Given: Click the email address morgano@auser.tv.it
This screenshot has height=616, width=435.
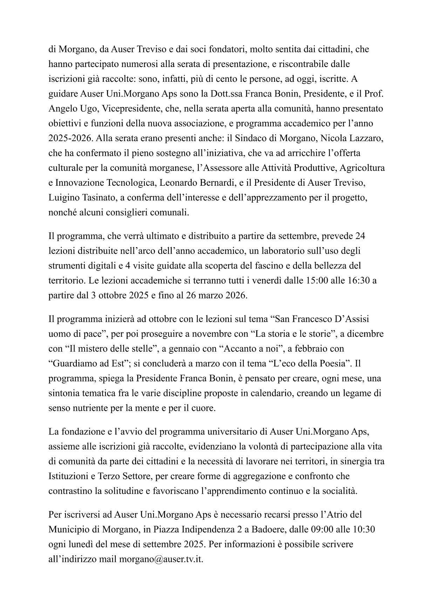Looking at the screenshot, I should (x=161, y=559).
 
